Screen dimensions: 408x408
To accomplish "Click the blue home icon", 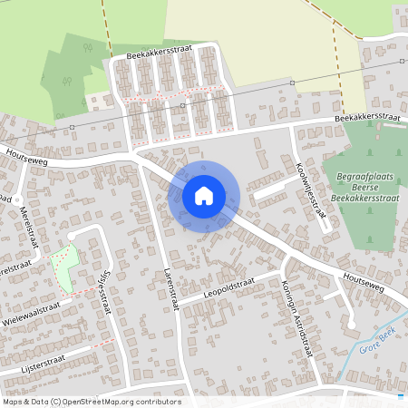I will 204,195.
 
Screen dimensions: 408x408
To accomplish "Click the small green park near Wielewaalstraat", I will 63,267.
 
